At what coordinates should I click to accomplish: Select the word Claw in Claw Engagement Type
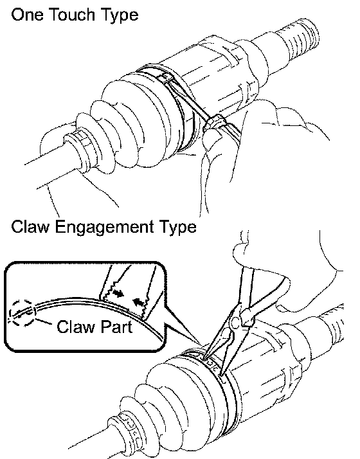point(30,227)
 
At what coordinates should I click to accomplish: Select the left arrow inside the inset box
point(118,292)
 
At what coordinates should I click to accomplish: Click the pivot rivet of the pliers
point(235,323)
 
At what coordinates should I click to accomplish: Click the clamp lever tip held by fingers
point(215,122)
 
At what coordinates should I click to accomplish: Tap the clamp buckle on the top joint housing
point(165,78)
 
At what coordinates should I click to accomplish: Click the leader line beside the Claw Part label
point(43,321)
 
